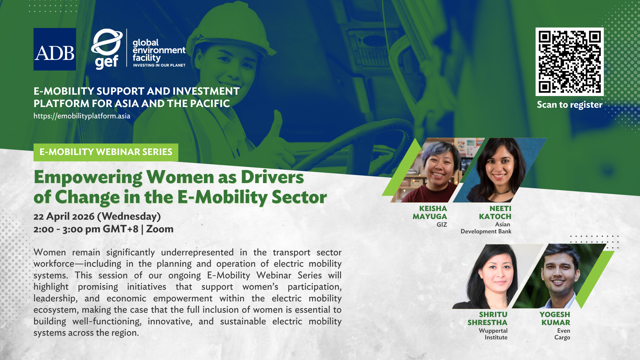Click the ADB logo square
[55, 49]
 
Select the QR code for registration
[570, 62]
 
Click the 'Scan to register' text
[570, 105]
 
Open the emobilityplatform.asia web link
[82, 116]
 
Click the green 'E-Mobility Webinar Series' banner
[106, 152]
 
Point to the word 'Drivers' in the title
[272, 177]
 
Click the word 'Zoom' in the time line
[160, 229]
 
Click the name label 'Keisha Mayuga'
[430, 213]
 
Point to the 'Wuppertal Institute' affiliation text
[493, 334]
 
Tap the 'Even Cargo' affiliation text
[562, 334]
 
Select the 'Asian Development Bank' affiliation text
[486, 228]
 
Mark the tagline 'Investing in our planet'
[159, 65]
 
